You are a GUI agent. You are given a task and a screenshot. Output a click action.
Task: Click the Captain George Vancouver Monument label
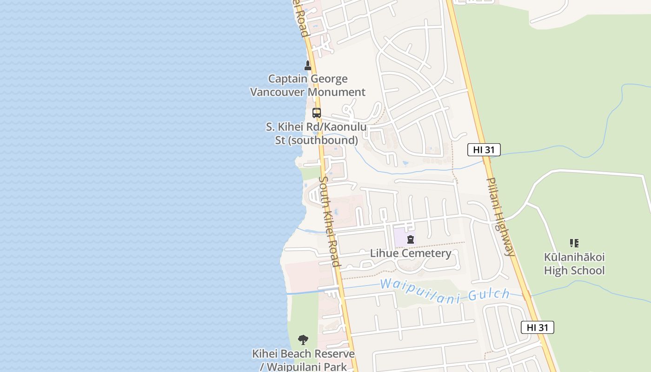(308, 86)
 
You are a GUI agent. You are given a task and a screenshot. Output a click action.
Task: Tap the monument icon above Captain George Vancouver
(307, 65)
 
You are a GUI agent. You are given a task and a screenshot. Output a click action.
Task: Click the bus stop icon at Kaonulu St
(317, 113)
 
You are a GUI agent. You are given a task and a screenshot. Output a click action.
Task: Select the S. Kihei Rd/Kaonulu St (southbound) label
(316, 133)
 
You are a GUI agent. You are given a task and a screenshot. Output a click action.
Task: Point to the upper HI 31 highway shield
(484, 150)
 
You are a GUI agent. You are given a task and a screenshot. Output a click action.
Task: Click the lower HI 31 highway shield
(537, 327)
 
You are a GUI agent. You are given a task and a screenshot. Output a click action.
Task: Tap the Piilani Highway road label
(501, 217)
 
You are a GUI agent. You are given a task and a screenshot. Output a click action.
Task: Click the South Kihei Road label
(329, 221)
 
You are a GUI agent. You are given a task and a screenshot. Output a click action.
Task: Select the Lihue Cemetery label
(411, 253)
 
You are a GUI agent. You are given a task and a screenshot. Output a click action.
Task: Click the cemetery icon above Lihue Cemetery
(411, 240)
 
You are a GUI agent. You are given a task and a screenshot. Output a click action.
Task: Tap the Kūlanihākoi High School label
(574, 264)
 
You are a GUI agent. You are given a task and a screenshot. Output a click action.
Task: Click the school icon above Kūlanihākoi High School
(574, 243)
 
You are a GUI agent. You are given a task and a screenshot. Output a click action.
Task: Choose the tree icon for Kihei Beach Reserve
(303, 339)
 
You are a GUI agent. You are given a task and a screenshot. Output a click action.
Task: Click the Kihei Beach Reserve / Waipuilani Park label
(303, 360)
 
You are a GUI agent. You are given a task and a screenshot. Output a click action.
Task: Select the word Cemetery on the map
(428, 253)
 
